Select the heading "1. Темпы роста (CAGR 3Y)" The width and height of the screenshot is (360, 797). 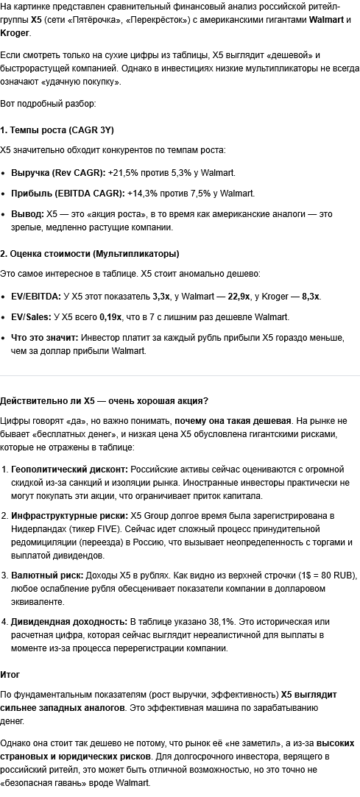click(x=57, y=130)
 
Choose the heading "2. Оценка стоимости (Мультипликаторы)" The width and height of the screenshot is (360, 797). click(x=89, y=254)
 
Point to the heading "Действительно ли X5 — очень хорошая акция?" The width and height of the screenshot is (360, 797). click(x=104, y=401)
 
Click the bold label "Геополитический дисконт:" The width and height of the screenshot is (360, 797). click(x=69, y=469)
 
